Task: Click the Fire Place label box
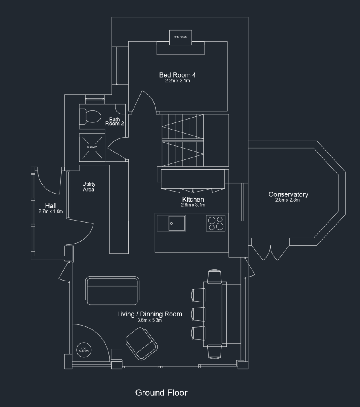click(180, 37)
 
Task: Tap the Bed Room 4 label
click(177, 75)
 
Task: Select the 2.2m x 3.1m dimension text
click(178, 81)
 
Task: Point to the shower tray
click(92, 147)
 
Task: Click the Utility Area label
click(89, 187)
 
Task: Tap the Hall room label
click(51, 206)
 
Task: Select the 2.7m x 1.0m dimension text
click(50, 211)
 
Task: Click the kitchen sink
click(177, 223)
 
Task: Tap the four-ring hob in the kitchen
click(216, 223)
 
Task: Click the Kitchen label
click(193, 200)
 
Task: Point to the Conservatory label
click(288, 194)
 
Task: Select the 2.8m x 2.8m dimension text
click(287, 200)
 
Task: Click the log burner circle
click(84, 350)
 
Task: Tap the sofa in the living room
click(112, 291)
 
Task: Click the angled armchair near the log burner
click(142, 343)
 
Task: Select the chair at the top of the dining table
click(215, 277)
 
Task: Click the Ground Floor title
click(161, 393)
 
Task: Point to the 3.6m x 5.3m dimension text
click(149, 320)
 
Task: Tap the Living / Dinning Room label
click(149, 314)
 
